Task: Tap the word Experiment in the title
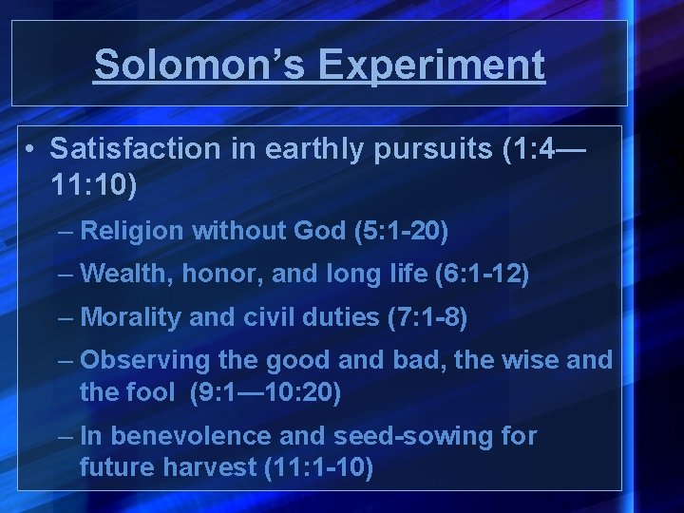pos(432,65)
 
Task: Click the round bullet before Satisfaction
pos(31,149)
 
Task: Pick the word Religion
pos(133,230)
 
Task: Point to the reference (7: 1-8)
pos(427,317)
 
